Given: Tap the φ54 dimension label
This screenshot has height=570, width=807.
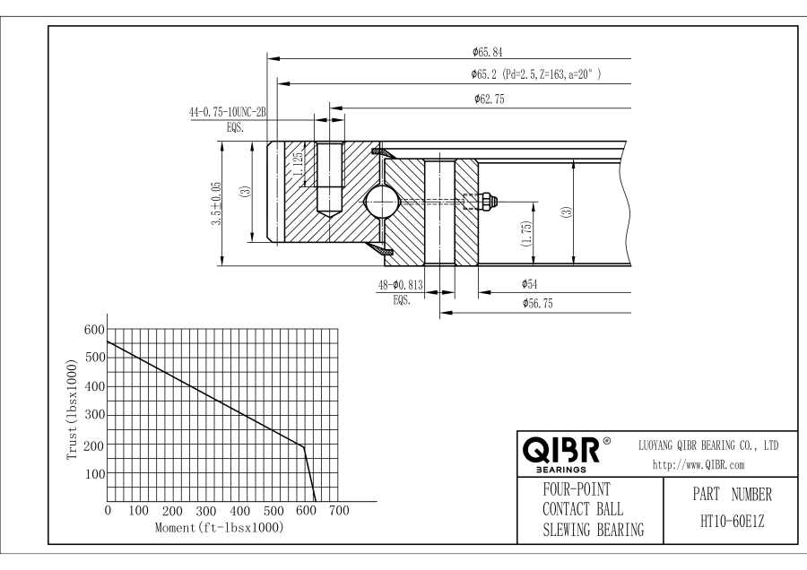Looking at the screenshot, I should click(x=528, y=284).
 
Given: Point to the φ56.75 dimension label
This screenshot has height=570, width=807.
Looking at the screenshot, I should click(x=542, y=305).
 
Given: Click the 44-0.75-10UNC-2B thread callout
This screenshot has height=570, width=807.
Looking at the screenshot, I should click(x=228, y=113).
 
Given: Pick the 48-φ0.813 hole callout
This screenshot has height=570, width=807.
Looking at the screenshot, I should click(x=400, y=286).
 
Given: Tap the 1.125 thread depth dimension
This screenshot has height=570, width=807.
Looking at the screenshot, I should click(x=295, y=164).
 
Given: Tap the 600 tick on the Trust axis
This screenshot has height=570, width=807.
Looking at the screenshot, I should click(x=94, y=329).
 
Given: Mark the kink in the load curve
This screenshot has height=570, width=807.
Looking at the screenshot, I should click(x=304, y=446).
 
